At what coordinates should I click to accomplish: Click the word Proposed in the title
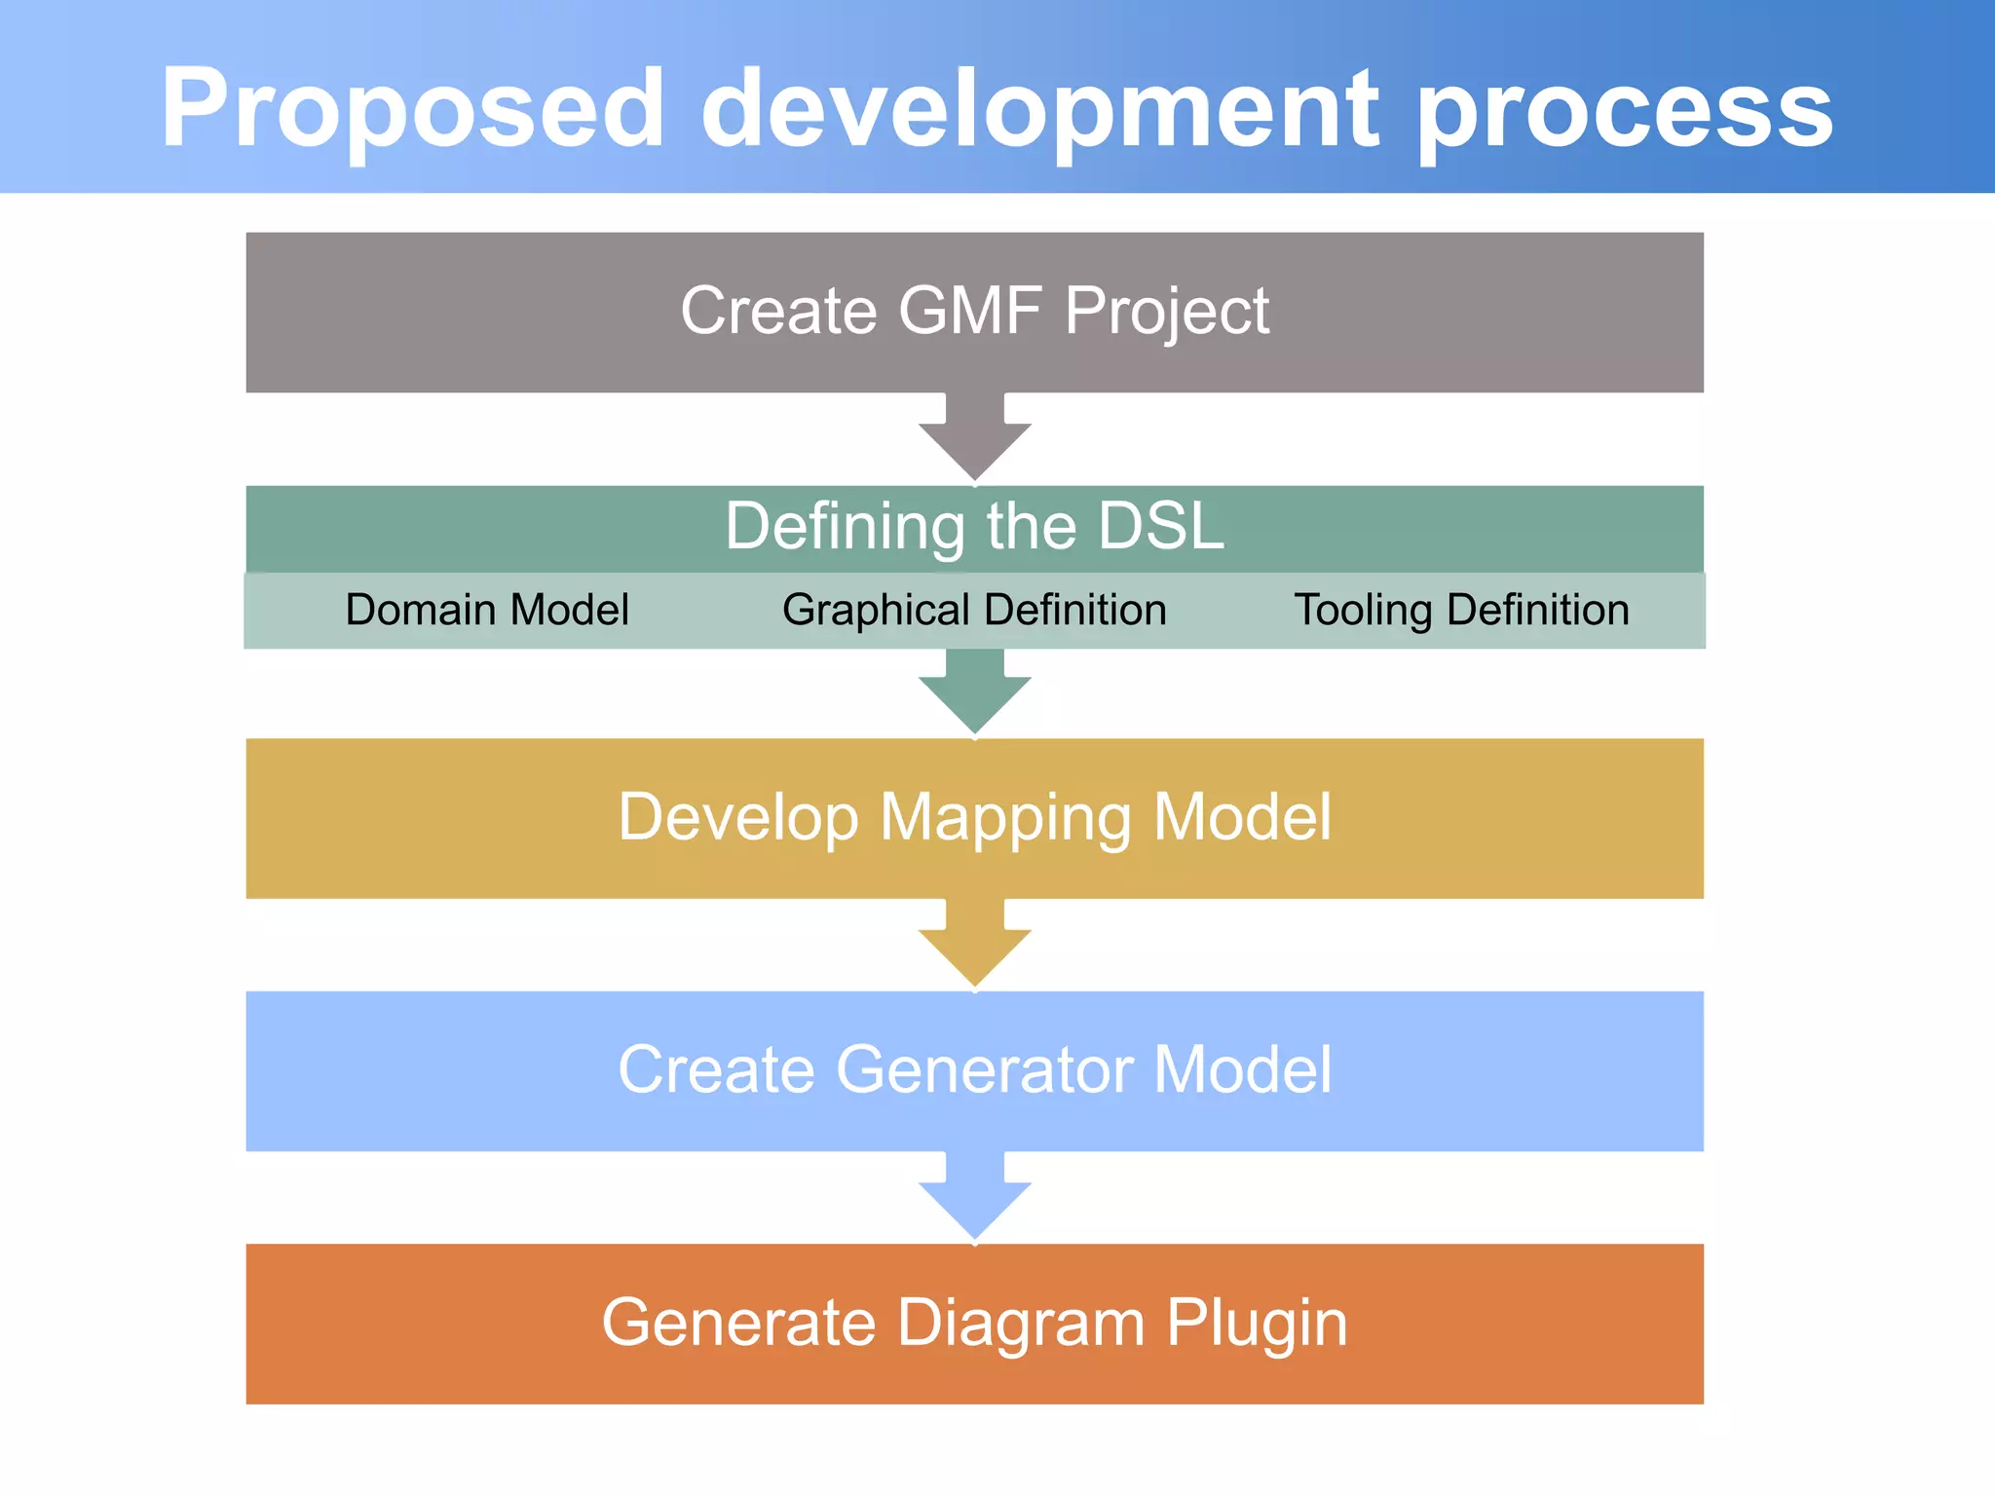point(412,109)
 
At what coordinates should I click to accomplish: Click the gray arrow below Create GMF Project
point(974,438)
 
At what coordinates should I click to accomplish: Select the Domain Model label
point(487,611)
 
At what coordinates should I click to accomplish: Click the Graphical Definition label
point(974,611)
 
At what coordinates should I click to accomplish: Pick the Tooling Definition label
point(1461,611)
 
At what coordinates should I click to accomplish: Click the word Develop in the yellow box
point(738,818)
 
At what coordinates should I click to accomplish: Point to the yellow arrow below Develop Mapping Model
point(974,945)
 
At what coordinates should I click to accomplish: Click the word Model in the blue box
point(1242,1070)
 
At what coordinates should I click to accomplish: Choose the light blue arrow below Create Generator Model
point(974,1198)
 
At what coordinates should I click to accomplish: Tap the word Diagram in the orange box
point(1020,1325)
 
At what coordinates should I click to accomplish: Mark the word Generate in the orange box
point(738,1325)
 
